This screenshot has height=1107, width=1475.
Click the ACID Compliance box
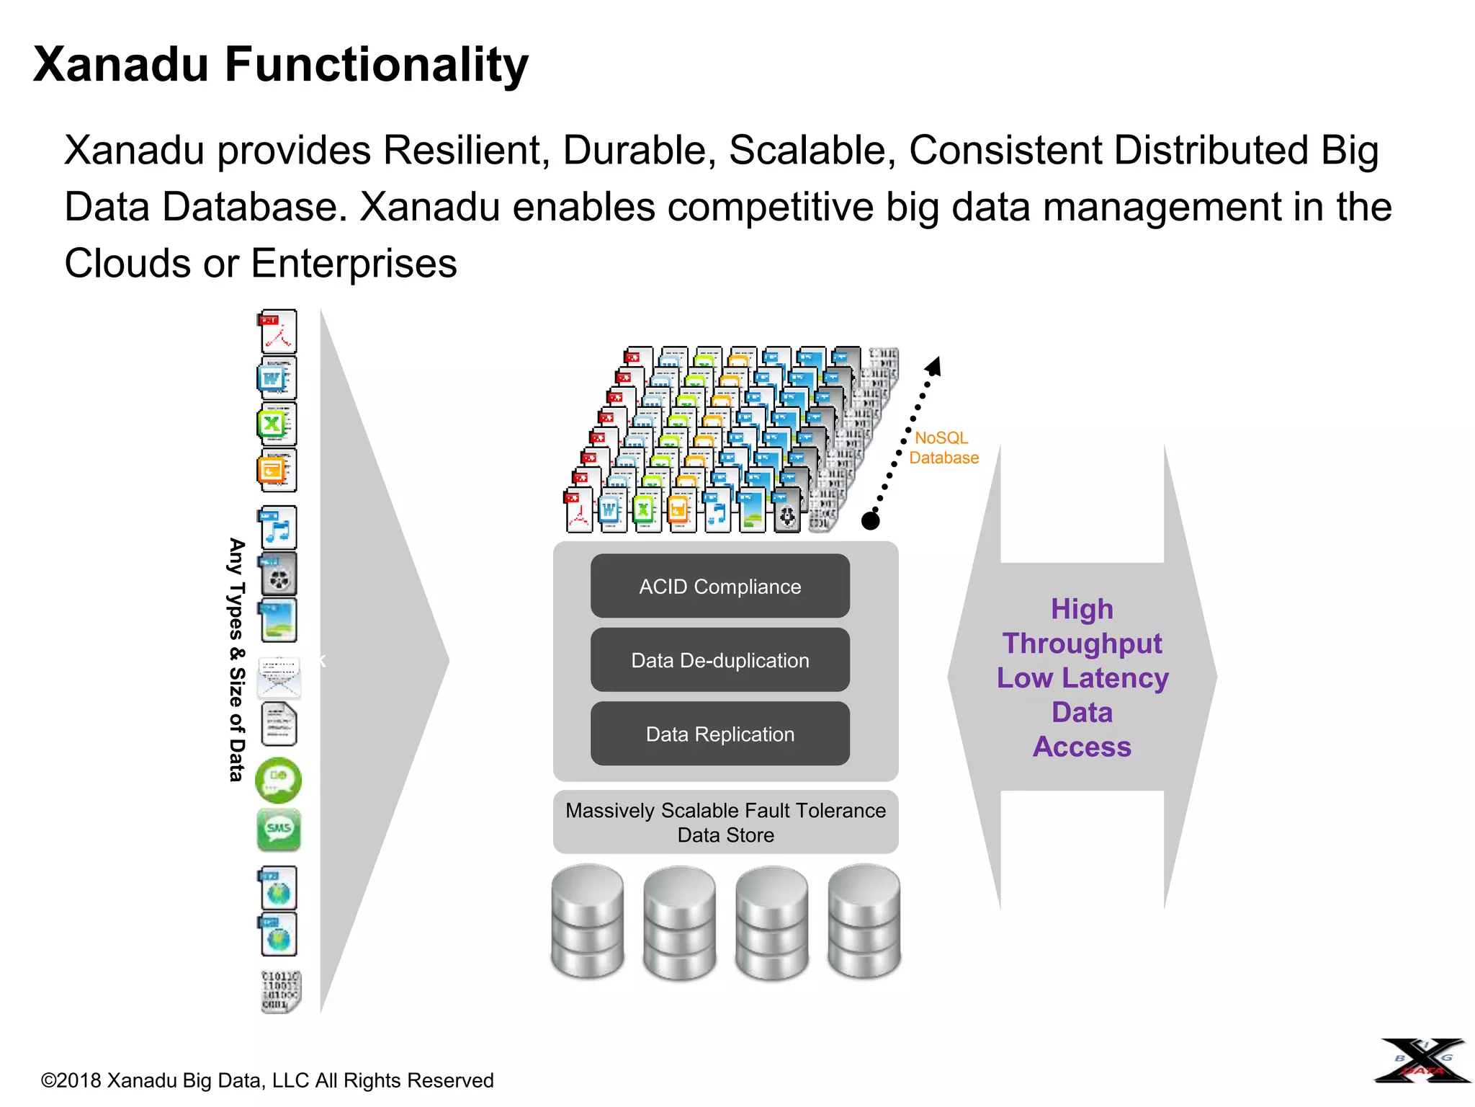tap(719, 586)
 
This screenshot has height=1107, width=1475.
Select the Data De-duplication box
tap(719, 659)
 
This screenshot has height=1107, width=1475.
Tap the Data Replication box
tap(719, 734)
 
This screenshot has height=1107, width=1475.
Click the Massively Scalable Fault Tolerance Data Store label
tap(725, 822)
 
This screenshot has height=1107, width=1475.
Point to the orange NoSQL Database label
tap(943, 448)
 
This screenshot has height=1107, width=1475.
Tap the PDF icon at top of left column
tap(277, 331)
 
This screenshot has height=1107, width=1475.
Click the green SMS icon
tap(279, 829)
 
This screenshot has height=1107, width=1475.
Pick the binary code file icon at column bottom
tap(280, 991)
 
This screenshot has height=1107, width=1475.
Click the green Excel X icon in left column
tap(277, 424)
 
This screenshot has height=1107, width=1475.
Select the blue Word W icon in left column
tap(277, 378)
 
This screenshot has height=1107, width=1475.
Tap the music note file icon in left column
tap(277, 528)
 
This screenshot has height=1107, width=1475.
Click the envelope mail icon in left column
tap(279, 677)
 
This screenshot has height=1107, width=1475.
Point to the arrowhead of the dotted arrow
tap(934, 366)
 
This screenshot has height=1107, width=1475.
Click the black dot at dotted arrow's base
tap(871, 520)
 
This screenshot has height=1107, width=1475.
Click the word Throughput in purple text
tap(1082, 643)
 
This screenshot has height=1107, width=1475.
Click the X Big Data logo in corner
tap(1422, 1060)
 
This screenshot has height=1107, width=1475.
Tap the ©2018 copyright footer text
tap(267, 1080)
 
